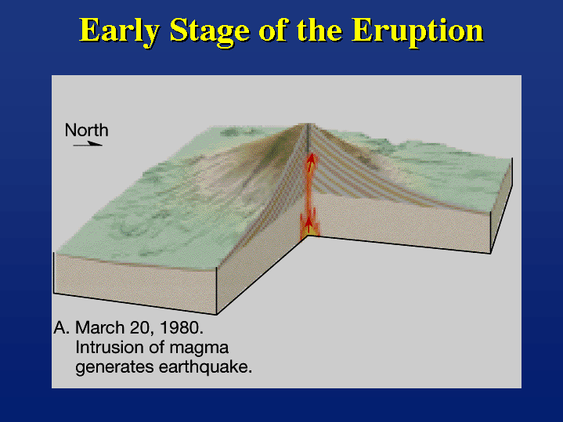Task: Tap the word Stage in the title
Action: point(210,31)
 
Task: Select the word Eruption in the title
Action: point(417,31)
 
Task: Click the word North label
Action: point(87,130)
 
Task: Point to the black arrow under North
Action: point(88,144)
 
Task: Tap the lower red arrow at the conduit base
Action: point(308,225)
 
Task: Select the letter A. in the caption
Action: point(61,328)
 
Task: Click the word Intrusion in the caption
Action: point(108,348)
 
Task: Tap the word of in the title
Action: point(272,31)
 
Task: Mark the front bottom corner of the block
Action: point(217,314)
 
